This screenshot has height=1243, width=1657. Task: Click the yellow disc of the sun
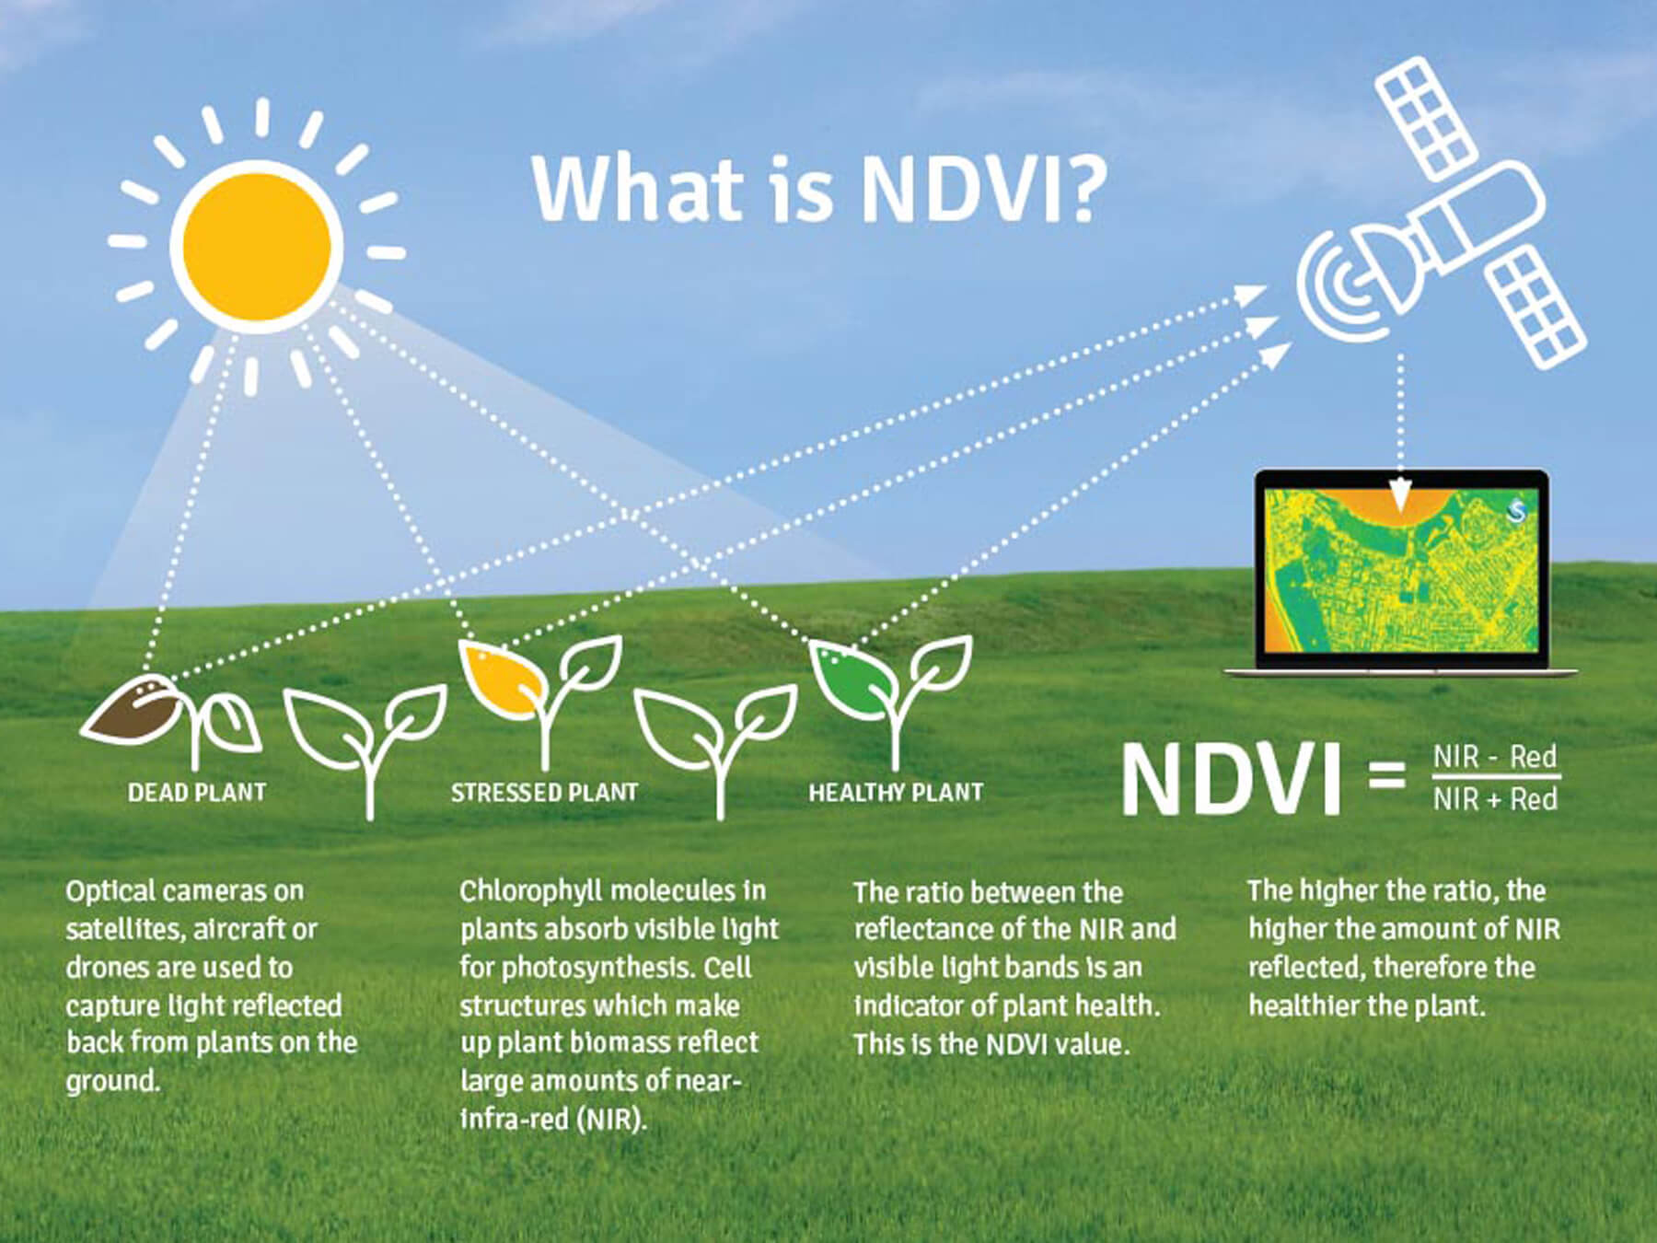coord(257,246)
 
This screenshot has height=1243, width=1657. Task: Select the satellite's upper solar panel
coord(1422,118)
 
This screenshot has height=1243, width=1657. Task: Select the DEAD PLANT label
coord(197,793)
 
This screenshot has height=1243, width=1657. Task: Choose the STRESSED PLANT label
coord(544,793)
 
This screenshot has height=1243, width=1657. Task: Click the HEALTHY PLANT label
coord(896,793)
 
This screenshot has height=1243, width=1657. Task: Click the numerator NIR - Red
coord(1494,757)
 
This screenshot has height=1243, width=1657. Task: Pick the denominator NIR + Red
coord(1494,798)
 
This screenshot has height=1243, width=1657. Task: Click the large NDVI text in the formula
coord(1232,780)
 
